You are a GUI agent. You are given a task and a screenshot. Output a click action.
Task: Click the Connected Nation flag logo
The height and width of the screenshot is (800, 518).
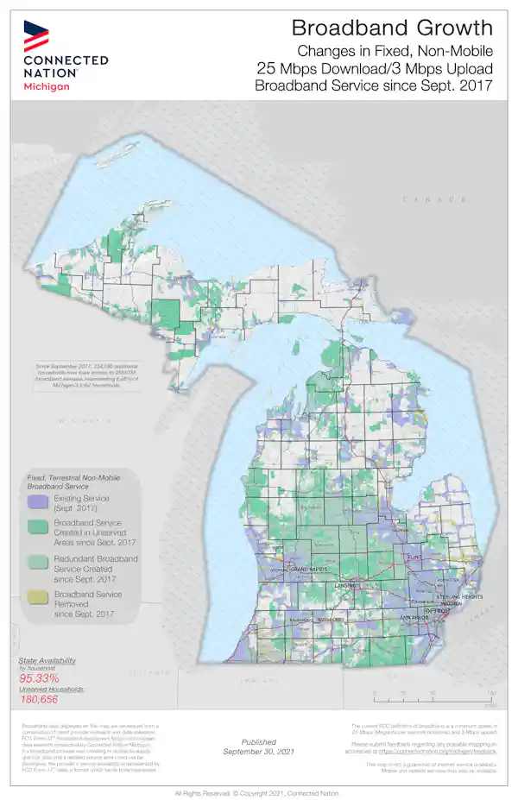tap(36, 35)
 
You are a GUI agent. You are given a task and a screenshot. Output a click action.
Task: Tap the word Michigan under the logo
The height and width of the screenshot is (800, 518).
tap(47, 87)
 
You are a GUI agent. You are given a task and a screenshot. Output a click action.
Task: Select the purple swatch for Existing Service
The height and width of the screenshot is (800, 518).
tap(36, 502)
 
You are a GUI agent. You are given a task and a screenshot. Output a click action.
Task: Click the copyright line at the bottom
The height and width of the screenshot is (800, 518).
tap(259, 792)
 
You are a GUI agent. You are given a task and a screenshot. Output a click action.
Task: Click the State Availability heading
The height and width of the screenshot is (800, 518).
tap(47, 659)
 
